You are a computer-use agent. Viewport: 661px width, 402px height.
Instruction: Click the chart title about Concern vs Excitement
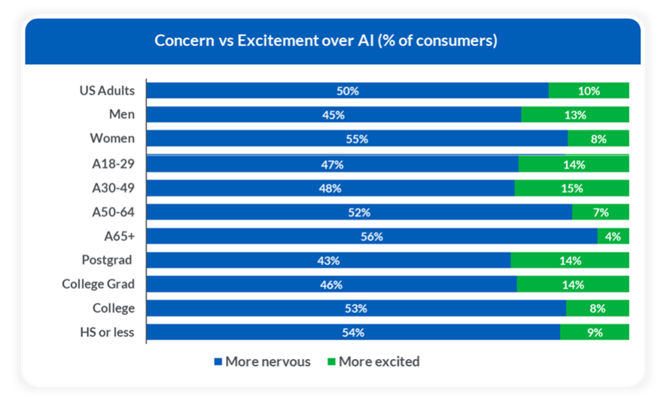(326, 40)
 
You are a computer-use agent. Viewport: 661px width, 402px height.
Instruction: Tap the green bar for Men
(575, 114)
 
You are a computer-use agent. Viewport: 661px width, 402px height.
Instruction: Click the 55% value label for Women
(357, 139)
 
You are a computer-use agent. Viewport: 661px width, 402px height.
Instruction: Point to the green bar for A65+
(613, 236)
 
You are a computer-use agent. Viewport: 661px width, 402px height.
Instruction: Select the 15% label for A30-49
(571, 188)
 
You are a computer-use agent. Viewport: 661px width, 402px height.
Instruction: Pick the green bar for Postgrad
(570, 260)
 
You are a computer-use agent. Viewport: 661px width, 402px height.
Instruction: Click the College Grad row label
(99, 285)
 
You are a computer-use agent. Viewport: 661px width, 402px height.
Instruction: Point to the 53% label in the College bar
(356, 309)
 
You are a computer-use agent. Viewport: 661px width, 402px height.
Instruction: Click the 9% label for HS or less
(595, 333)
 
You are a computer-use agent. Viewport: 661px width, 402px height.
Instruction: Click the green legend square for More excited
(330, 362)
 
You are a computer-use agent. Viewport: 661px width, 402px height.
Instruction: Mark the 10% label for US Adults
(589, 90)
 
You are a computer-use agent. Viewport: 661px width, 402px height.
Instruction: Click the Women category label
(112, 139)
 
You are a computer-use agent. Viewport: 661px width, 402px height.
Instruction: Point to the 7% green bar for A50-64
(600, 212)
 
